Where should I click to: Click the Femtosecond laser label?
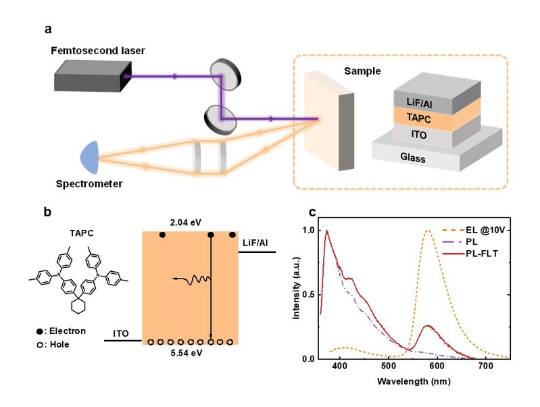[x=98, y=51]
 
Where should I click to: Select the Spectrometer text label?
[x=89, y=184]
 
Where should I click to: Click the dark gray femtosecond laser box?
[x=93, y=76]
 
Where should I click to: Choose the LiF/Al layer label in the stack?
[x=419, y=102]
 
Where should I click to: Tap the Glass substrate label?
[x=412, y=158]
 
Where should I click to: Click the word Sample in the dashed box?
[x=362, y=71]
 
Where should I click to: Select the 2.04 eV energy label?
[x=186, y=222]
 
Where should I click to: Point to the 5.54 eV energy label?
[x=187, y=353]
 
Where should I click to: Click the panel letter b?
[x=47, y=212]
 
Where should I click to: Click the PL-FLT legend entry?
[x=470, y=254]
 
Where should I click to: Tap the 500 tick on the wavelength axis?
[x=389, y=366]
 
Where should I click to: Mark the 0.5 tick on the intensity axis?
[x=308, y=295]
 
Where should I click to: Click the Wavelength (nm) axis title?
[x=414, y=381]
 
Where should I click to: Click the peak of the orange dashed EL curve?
[x=428, y=231]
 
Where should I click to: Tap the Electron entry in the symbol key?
[x=61, y=331]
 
